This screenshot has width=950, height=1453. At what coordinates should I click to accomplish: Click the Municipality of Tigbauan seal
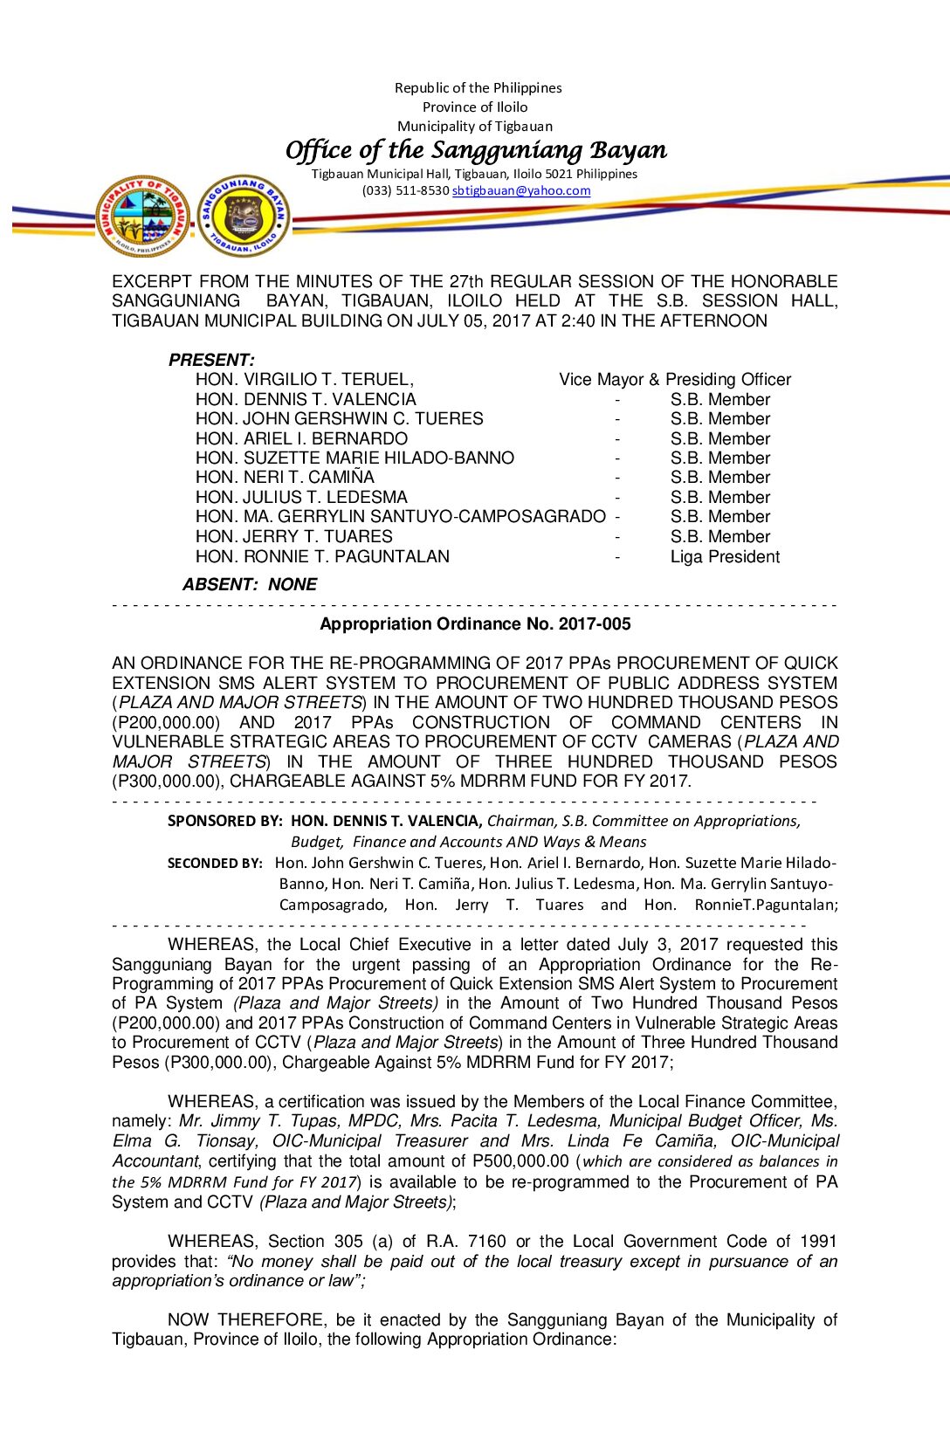142,216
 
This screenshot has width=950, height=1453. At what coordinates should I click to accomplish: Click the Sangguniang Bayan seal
244,216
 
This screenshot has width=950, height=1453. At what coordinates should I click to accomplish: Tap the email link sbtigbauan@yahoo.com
521,190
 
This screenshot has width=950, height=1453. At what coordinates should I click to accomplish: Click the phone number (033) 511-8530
405,190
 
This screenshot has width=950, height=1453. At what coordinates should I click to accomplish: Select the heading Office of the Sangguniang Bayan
476,150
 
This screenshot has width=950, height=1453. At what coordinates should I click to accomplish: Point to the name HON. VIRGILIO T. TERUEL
305,379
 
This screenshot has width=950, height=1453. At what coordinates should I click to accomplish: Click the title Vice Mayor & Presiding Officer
675,379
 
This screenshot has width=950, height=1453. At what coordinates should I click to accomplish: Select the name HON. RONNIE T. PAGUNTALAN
322,556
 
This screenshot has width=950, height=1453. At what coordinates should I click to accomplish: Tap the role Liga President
725,556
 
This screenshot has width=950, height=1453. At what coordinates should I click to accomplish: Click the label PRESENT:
211,360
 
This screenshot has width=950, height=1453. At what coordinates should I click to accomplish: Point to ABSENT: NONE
250,584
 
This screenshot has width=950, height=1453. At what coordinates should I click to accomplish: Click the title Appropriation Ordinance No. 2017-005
475,623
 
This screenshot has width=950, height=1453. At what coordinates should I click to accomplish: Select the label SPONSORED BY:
224,821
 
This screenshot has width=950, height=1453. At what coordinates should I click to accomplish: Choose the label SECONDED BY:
215,863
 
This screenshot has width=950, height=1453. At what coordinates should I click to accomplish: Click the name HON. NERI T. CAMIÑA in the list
285,477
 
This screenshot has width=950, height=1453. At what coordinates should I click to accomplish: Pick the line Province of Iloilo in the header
475,107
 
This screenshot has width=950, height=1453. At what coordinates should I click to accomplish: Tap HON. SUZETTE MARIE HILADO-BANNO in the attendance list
355,458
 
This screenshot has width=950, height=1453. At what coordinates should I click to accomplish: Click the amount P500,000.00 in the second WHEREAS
520,1160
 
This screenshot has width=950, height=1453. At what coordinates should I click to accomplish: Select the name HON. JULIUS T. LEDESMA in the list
301,497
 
